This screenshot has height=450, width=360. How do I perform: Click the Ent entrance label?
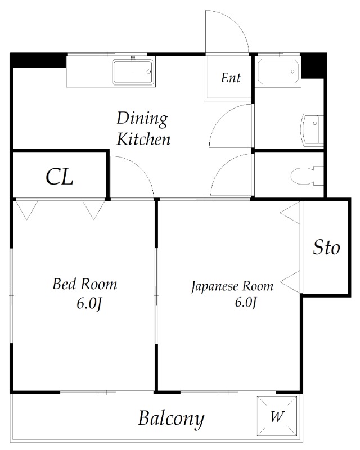(231, 78)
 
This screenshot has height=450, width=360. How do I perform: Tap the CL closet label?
(60, 177)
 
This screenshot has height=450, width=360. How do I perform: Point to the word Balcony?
(172, 419)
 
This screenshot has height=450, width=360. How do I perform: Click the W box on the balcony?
(277, 416)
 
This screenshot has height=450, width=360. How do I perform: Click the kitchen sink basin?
(133, 72)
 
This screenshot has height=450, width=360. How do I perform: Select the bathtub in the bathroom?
(277, 71)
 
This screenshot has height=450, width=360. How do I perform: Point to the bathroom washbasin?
(312, 129)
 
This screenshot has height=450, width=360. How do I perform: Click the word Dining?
(142, 119)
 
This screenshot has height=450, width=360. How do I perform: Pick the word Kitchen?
(143, 139)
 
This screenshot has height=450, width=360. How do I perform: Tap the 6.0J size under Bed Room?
(89, 304)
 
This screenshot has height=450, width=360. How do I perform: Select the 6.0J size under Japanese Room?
(245, 302)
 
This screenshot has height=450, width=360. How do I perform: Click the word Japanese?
(214, 287)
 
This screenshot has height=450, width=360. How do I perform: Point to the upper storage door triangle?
(290, 213)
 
